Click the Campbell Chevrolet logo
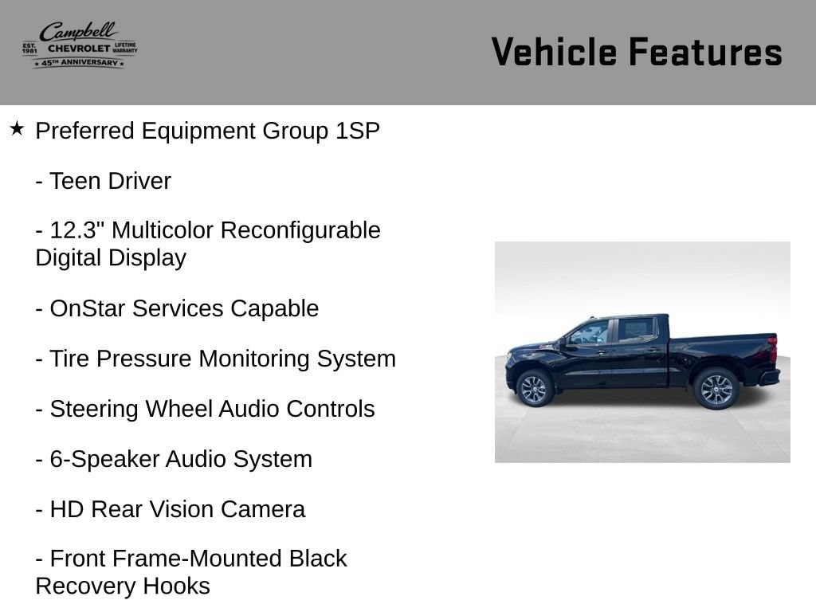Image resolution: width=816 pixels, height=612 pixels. click(x=80, y=45)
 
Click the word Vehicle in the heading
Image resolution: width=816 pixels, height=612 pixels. click(x=555, y=52)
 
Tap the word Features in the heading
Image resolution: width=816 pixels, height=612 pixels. click(x=706, y=52)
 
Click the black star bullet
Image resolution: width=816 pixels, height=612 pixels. click(x=17, y=128)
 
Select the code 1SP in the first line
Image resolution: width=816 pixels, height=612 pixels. click(x=358, y=131)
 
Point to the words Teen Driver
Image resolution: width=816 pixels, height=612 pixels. click(x=110, y=181)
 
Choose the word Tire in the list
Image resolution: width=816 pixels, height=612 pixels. click(x=69, y=359)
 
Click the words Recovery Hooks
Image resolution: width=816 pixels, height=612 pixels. click(x=123, y=586)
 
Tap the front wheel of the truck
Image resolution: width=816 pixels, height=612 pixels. click(x=534, y=388)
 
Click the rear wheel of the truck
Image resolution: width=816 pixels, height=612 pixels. click(x=716, y=389)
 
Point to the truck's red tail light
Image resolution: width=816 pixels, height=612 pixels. click(x=772, y=347)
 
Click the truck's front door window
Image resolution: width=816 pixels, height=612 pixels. click(x=590, y=332)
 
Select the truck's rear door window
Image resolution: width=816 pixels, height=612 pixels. click(x=635, y=329)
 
